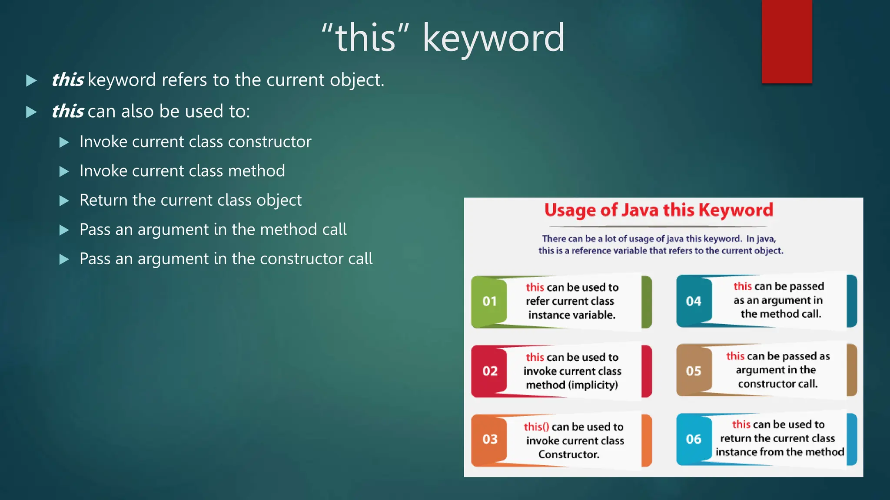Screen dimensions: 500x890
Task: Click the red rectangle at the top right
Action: (x=787, y=41)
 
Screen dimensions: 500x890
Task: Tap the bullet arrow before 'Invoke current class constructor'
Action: (x=64, y=142)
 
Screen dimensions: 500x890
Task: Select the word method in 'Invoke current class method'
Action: (x=256, y=171)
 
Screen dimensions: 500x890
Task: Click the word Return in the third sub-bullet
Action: (x=103, y=201)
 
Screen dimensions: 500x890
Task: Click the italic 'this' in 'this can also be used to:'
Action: (x=68, y=112)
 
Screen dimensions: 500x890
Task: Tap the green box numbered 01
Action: (x=489, y=301)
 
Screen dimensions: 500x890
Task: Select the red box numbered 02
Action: (x=489, y=371)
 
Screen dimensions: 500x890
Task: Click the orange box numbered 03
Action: (x=489, y=439)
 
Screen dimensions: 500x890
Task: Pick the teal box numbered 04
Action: (x=694, y=301)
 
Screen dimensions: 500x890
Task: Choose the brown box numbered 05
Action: (x=694, y=371)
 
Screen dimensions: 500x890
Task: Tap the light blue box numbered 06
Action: (x=694, y=439)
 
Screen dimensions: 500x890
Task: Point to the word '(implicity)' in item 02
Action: (x=593, y=385)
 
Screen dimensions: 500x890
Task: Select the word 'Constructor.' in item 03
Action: (x=569, y=454)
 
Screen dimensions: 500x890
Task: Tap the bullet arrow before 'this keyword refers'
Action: (x=31, y=81)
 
